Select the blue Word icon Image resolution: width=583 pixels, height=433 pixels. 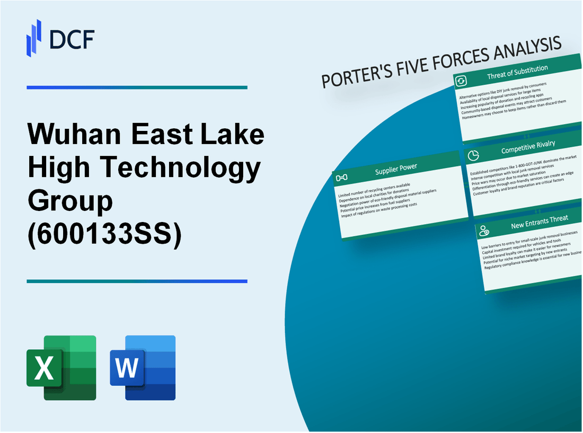(143, 367)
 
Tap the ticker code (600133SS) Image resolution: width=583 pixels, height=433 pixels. (104, 234)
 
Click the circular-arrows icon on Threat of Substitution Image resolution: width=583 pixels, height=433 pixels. (461, 81)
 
